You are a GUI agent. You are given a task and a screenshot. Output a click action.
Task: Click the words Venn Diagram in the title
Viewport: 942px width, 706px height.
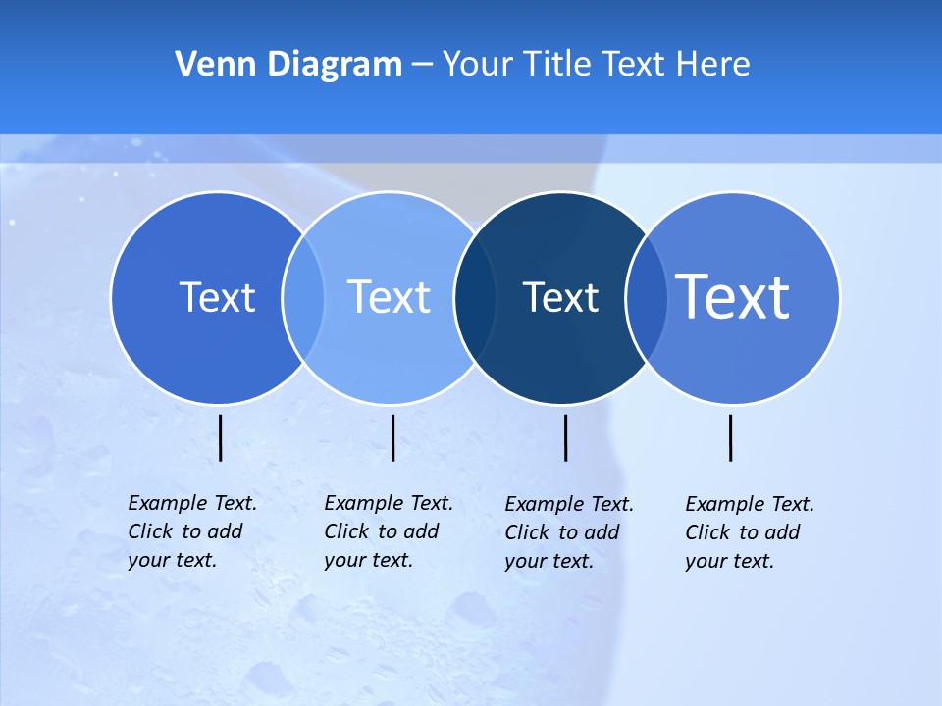click(288, 65)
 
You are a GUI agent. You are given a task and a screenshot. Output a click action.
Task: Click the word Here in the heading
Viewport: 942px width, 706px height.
click(713, 65)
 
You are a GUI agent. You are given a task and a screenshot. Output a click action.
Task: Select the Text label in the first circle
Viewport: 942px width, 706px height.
click(217, 297)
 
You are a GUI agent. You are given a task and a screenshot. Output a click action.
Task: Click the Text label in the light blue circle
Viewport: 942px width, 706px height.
click(390, 297)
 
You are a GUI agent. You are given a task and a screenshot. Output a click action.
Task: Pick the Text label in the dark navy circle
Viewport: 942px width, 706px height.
click(560, 297)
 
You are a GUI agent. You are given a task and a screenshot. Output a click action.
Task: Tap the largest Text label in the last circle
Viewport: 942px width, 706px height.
click(733, 296)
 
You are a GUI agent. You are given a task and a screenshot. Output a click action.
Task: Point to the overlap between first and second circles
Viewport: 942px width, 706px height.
click(303, 298)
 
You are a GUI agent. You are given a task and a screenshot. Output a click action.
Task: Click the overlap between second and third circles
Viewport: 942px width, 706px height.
click(475, 298)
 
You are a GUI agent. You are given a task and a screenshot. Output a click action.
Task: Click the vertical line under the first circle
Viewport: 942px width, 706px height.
click(221, 437)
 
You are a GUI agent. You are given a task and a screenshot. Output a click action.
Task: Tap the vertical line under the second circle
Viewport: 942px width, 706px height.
click(392, 437)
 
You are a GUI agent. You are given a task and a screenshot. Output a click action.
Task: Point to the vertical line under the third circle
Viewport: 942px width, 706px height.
click(565, 437)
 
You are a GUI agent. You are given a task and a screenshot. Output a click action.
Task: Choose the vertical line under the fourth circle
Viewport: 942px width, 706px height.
click(730, 437)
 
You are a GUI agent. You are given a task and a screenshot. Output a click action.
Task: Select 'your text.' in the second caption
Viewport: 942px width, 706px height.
click(368, 560)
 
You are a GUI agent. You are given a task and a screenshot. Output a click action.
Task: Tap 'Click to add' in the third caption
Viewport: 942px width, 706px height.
click(562, 532)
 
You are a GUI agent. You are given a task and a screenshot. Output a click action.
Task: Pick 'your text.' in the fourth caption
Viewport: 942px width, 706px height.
click(729, 561)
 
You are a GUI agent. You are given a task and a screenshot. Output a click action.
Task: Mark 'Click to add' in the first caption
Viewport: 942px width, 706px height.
click(185, 531)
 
